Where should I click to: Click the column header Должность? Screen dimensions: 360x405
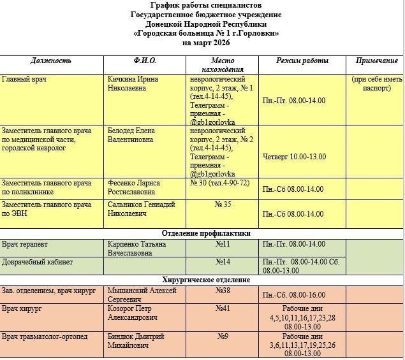click(x=51, y=61)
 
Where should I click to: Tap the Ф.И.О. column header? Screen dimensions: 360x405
click(x=145, y=61)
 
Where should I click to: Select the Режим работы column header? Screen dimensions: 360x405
click(x=302, y=61)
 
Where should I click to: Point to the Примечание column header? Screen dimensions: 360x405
click(x=376, y=61)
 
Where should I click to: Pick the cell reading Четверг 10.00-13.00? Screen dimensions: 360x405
click(x=294, y=156)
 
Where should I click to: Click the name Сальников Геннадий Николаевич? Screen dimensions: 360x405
click(x=142, y=209)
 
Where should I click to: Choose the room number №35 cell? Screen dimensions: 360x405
click(x=223, y=205)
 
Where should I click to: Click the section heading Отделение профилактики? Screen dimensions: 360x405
click(x=202, y=233)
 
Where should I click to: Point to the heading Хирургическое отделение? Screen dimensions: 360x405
click(x=202, y=280)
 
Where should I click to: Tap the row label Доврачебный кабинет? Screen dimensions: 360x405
click(x=37, y=262)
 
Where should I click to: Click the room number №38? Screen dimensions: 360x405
click(x=223, y=291)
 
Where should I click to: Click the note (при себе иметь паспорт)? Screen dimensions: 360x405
click(x=376, y=83)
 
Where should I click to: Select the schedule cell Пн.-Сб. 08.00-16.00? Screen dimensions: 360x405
click(x=293, y=295)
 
